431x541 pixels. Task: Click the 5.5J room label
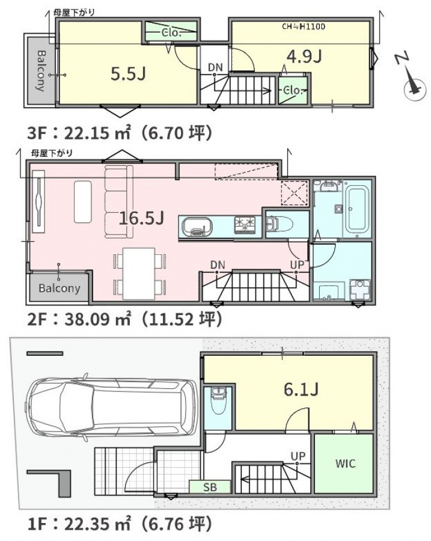(x=129, y=73)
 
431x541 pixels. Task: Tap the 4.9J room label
(x=304, y=56)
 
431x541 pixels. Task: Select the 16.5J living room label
(x=141, y=218)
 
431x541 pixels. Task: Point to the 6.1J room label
(x=301, y=389)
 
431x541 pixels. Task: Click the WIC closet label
(x=345, y=463)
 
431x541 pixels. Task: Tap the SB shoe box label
(x=210, y=487)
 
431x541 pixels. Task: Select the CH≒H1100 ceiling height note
(x=304, y=26)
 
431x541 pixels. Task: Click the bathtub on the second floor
(x=356, y=210)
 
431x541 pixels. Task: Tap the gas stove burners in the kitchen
(x=245, y=225)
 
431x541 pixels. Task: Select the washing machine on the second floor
(x=360, y=289)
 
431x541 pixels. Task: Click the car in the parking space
(x=112, y=409)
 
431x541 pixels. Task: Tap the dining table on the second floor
(x=139, y=274)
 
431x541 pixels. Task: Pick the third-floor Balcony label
(x=41, y=71)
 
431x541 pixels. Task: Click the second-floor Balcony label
(x=60, y=288)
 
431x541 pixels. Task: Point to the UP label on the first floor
(x=298, y=456)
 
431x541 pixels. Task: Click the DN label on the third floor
(x=215, y=67)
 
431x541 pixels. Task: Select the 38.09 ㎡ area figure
(x=97, y=319)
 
